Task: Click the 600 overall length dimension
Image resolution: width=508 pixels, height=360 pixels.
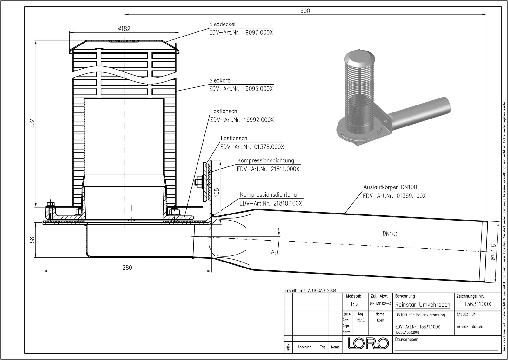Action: click(x=305, y=11)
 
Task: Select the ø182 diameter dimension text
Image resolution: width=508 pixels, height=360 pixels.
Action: click(x=124, y=29)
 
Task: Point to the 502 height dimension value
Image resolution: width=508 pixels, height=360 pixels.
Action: click(x=32, y=124)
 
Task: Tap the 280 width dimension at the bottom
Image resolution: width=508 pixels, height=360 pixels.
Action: click(x=127, y=268)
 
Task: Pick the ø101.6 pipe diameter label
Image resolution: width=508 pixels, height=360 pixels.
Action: click(x=492, y=255)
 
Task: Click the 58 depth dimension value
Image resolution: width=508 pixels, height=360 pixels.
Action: click(x=32, y=240)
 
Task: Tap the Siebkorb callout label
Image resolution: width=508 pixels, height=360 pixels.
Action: click(x=219, y=80)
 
